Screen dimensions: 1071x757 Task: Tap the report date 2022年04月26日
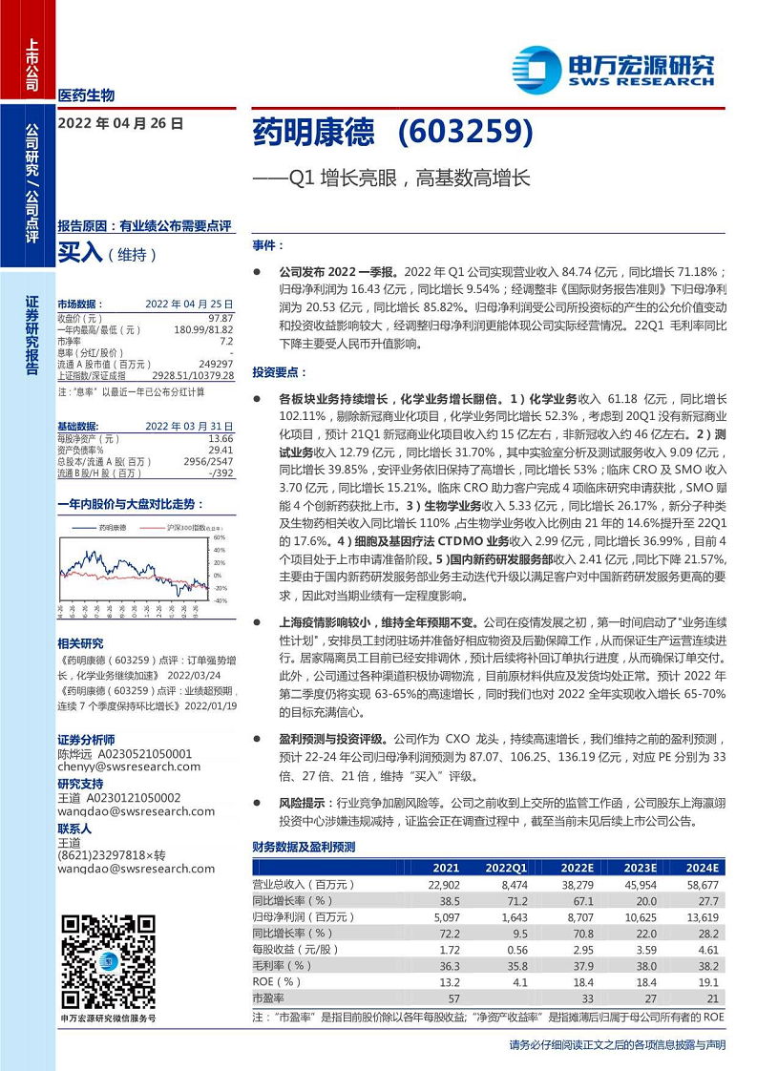tap(120, 123)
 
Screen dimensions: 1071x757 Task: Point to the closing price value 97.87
tap(221, 317)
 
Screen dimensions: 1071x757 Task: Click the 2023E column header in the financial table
tap(641, 868)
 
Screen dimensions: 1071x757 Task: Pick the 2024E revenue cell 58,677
tap(701, 885)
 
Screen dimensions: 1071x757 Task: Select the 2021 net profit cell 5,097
tap(446, 917)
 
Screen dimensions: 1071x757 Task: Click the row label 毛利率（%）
tap(283, 965)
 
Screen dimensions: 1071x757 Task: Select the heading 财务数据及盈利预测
tap(304, 847)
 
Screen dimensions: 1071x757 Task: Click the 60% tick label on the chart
tap(219, 537)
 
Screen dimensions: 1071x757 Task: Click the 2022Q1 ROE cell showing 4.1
tap(514, 981)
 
